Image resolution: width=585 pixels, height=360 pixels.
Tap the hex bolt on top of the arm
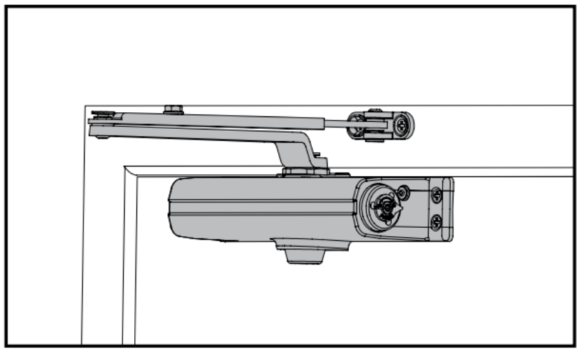(x=173, y=109)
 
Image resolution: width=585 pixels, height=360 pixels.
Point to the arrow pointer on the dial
(x=398, y=209)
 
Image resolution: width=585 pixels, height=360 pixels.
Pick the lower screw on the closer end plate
(x=436, y=222)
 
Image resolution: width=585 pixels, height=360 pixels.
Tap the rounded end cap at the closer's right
(x=449, y=210)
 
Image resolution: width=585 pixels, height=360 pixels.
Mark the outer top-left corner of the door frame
(x=85, y=107)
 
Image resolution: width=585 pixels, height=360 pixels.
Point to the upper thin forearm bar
(x=241, y=118)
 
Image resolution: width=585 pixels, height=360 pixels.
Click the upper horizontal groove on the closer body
(x=262, y=200)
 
